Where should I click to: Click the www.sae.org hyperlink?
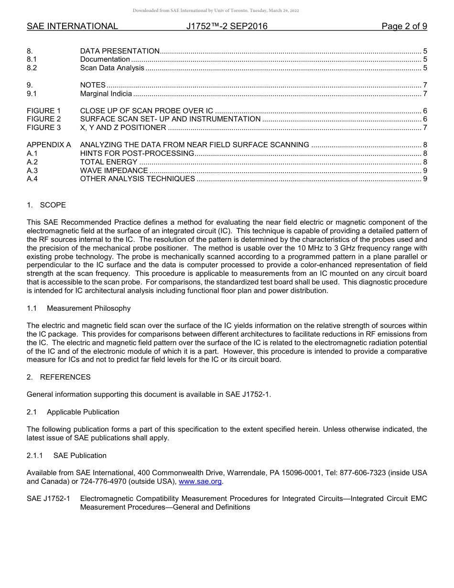[200, 481]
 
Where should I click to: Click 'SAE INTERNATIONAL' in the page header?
[72, 26]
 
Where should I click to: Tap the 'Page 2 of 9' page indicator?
[404, 26]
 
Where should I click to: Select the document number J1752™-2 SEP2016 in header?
[227, 26]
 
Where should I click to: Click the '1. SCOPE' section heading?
[46, 205]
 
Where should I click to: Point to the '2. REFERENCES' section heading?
[58, 377]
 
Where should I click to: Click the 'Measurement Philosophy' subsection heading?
[88, 308]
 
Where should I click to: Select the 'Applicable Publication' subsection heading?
[83, 412]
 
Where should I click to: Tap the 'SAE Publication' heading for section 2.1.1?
[80, 456]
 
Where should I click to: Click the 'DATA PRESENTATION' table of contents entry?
[119, 51]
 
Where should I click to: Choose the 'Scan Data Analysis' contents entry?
[112, 68]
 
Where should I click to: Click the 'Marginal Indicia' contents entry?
[106, 94]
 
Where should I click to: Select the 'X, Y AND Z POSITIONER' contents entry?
[123, 128]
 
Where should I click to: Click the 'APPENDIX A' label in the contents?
[49, 145]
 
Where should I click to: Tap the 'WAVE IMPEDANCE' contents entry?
[114, 171]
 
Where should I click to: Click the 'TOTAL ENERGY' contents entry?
[108, 162]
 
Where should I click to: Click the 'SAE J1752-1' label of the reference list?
[48, 499]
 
